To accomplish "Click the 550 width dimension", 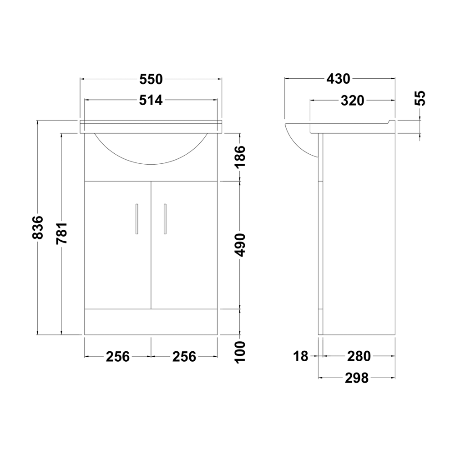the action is pos(151,79).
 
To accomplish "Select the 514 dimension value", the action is pos(151,101).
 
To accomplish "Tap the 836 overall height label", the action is pos(38,227).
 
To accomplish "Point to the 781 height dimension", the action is pos(62,233).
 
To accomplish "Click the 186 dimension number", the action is pos(240,157).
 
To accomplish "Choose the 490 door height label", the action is pos(240,245).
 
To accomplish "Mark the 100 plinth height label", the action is pos(240,352).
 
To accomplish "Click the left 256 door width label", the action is pos(117,357).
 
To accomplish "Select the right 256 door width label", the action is pos(184,357).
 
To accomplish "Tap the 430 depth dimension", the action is pos(339,79).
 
